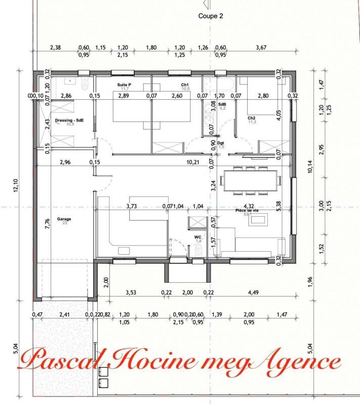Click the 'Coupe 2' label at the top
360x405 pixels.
[211, 16]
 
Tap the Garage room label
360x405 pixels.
[64, 220]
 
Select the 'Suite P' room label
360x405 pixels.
[124, 85]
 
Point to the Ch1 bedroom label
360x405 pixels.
[185, 85]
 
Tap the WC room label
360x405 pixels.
[198, 237]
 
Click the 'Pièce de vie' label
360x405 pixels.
[247, 211]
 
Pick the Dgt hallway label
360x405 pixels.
[221, 143]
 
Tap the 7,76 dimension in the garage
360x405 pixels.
[48, 223]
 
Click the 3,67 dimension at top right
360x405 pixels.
[261, 48]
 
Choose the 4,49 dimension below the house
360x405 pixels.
[252, 292]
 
